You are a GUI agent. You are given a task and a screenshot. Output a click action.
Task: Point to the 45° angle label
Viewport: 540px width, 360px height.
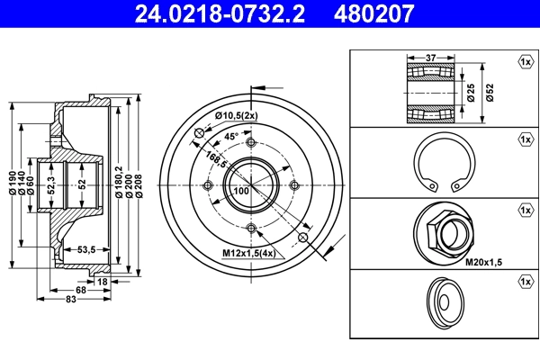(230, 137)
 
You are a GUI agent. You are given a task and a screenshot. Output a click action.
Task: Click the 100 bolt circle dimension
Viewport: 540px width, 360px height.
(241, 192)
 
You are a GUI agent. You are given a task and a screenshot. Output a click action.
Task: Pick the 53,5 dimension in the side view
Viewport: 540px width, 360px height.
(86, 248)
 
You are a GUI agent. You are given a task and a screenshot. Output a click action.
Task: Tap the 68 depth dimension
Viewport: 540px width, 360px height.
(81, 291)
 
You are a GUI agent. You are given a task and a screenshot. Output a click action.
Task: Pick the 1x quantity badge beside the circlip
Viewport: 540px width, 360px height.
(525, 139)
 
